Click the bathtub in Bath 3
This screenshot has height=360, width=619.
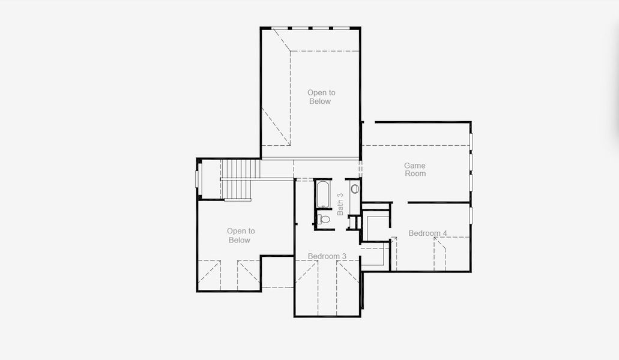(x=323, y=194)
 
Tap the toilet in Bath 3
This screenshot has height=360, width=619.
(x=324, y=219)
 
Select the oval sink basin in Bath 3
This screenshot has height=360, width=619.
(x=355, y=189)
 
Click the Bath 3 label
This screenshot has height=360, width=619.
(x=340, y=204)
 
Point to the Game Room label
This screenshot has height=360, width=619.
(x=415, y=170)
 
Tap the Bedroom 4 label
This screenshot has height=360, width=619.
(x=428, y=233)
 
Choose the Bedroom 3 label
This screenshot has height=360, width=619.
(x=327, y=256)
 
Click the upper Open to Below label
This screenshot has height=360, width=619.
(x=321, y=97)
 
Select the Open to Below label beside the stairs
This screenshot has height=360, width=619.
(x=240, y=235)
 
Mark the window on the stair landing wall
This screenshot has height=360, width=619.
(x=199, y=179)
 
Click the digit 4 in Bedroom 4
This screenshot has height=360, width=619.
(x=445, y=233)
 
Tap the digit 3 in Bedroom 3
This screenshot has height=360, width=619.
(x=344, y=256)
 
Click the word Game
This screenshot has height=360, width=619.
(x=414, y=166)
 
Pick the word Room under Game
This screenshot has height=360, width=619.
(x=415, y=173)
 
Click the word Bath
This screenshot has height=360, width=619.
(x=340, y=208)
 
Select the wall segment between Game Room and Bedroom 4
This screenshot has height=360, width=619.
(x=439, y=203)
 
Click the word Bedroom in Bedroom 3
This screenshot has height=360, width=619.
(x=324, y=256)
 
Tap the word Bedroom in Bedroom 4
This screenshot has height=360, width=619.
(x=424, y=233)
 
